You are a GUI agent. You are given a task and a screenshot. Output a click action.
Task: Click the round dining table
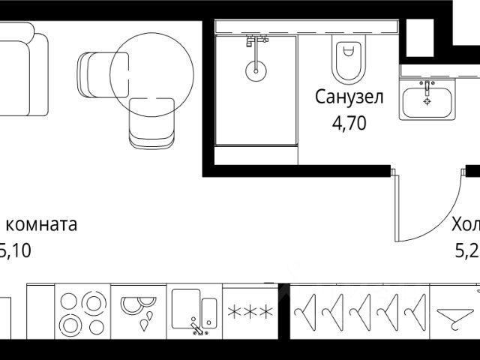tap(151, 72)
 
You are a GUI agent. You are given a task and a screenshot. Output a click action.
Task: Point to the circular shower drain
tap(255, 72)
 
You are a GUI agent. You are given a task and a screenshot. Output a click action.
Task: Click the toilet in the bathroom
tap(346, 60)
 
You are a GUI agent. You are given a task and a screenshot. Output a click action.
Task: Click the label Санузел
tap(349, 97)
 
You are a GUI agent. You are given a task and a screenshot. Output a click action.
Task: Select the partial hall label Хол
tap(465, 224)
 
